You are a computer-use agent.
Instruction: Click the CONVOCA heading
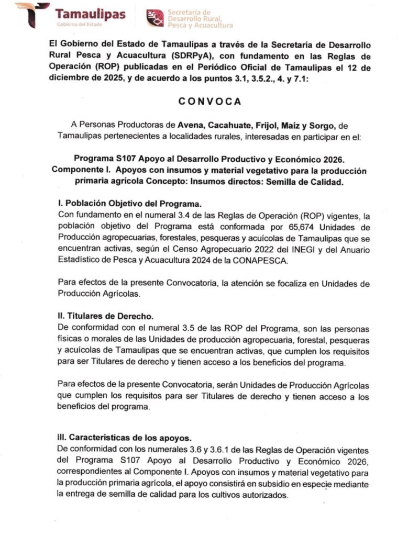(209, 102)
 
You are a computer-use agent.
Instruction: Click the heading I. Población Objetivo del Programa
(129, 204)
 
